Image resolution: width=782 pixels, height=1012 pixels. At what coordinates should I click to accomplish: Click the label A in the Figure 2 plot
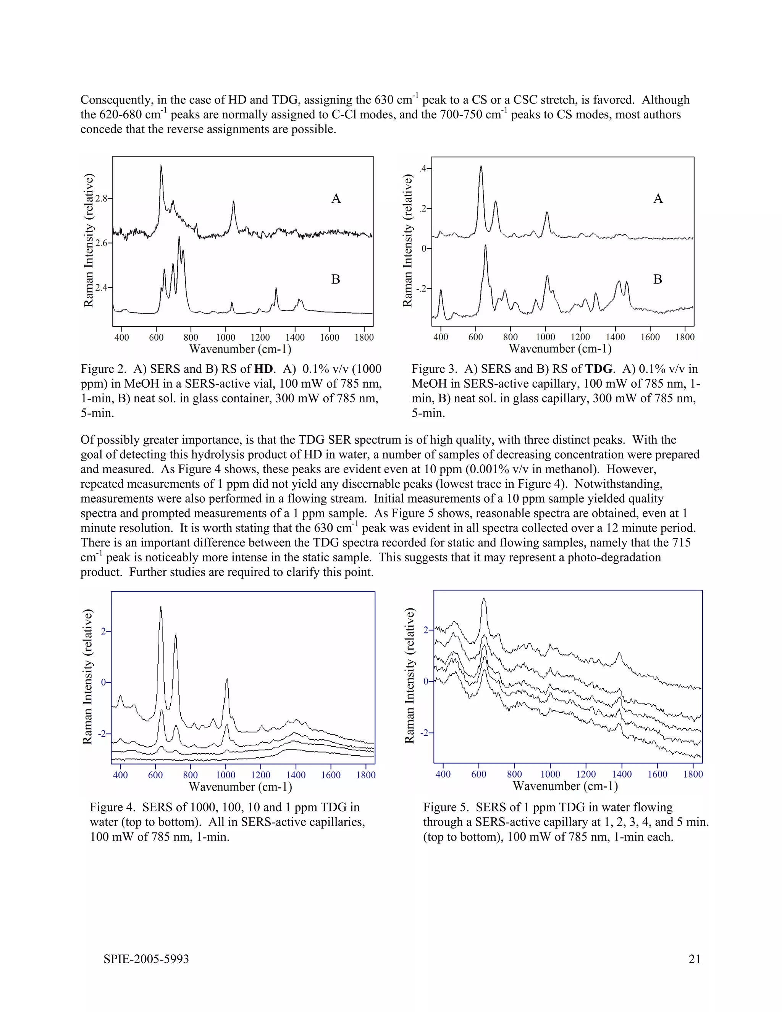[336, 199]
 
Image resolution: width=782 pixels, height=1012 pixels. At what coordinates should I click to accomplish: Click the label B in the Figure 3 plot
[658, 280]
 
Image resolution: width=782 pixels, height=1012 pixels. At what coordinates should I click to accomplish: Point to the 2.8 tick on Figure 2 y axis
[101, 198]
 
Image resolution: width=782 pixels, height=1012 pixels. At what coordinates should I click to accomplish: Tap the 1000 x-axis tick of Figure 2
[226, 337]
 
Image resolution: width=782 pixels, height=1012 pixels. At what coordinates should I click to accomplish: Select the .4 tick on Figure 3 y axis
[423, 169]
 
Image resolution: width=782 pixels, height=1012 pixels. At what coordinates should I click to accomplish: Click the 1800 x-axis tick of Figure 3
[684, 337]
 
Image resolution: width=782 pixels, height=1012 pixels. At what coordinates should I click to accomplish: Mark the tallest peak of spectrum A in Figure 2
[161, 165]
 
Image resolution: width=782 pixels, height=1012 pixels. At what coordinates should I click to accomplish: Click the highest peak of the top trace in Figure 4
[160, 606]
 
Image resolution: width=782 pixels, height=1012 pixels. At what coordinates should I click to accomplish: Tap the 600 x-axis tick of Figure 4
[155, 775]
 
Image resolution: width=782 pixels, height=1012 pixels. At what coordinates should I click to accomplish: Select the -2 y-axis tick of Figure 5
[424, 732]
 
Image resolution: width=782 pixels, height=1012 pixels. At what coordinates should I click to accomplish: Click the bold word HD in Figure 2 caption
[263, 369]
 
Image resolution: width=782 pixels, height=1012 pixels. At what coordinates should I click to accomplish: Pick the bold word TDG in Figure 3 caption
[599, 369]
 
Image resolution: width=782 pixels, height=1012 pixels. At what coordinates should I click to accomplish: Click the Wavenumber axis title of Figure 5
[565, 786]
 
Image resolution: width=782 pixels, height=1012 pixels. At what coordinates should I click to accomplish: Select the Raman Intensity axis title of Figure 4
[87, 677]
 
